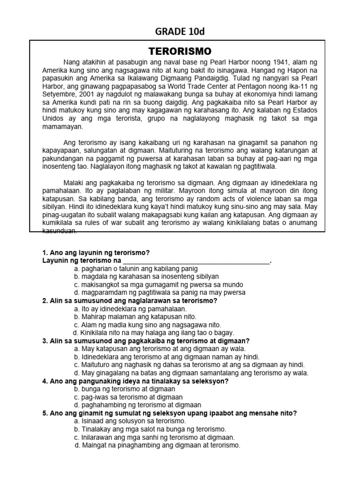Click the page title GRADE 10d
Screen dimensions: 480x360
click(x=180, y=31)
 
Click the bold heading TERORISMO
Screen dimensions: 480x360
click(x=180, y=51)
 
